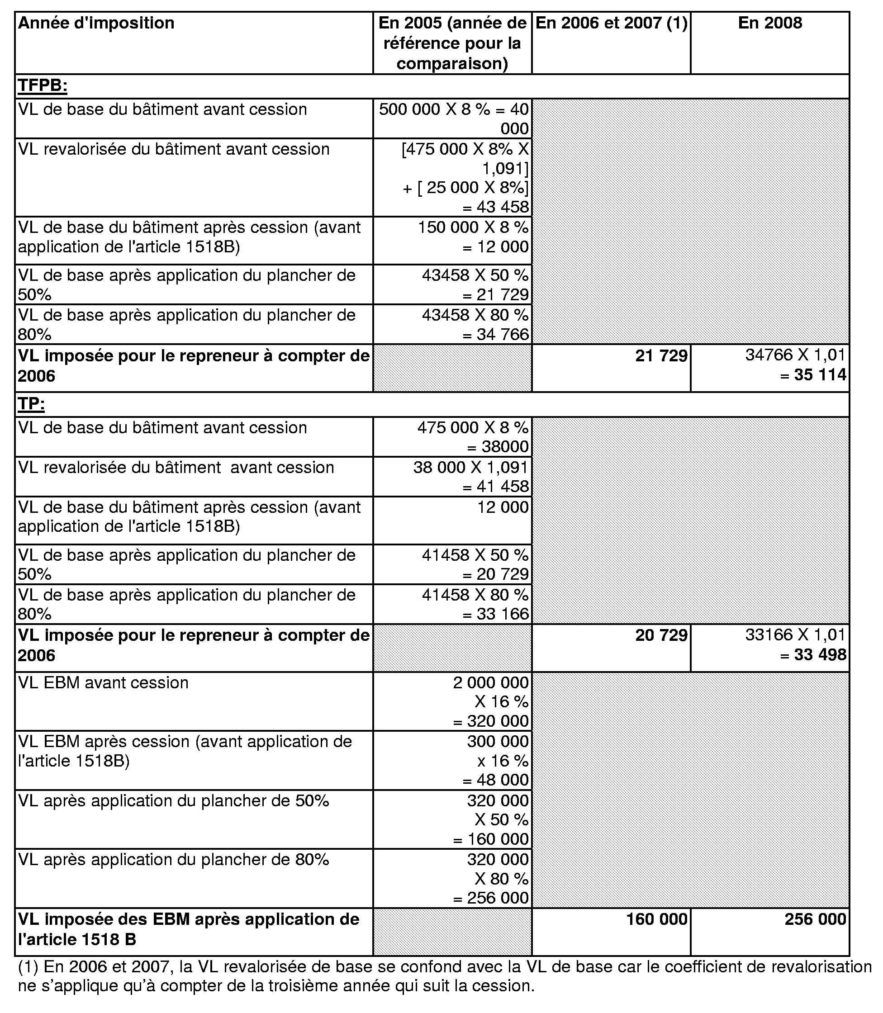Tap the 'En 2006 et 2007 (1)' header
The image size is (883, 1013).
tap(611, 23)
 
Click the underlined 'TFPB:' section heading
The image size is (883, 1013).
tap(43, 86)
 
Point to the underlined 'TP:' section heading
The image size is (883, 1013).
tap(31, 404)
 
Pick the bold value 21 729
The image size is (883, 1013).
tap(661, 355)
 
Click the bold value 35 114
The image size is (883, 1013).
tap(820, 375)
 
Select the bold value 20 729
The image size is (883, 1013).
tap(661, 635)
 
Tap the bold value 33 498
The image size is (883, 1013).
tap(820, 654)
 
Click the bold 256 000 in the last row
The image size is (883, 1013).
tap(816, 919)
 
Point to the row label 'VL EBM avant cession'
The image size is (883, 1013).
tap(103, 682)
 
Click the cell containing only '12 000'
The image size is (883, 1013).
tap(503, 507)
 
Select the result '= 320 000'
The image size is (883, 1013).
tap(491, 721)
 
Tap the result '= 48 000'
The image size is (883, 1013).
tap(495, 780)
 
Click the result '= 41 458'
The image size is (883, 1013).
tap(495, 487)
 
